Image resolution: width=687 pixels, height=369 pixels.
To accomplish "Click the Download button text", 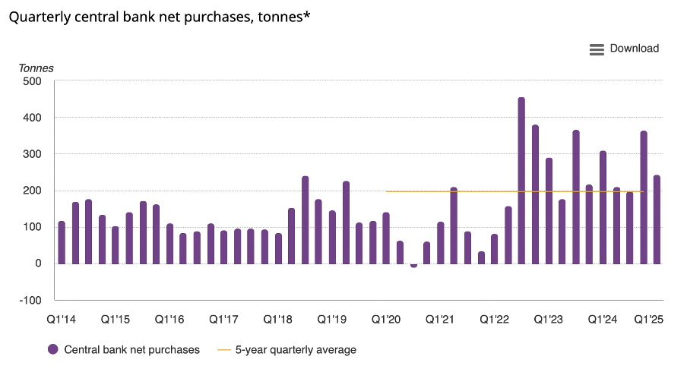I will pyautogui.click(x=634, y=49).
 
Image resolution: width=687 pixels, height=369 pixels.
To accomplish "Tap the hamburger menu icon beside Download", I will pyautogui.click(x=597, y=49).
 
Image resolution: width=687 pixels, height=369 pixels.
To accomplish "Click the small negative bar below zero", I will pyautogui.click(x=413, y=266).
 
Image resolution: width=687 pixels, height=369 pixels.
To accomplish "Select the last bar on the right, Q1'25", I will pyautogui.click(x=657, y=219).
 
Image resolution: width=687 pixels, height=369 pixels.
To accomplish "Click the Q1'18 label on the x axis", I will pyautogui.click(x=279, y=320).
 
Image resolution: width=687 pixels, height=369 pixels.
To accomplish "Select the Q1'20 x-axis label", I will pyautogui.click(x=387, y=320).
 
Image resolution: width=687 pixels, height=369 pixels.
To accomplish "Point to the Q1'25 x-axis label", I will pyautogui.click(x=649, y=320).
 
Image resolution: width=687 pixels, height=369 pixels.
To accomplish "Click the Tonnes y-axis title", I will pyautogui.click(x=36, y=68).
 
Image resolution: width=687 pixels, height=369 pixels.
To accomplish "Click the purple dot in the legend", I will pyautogui.click(x=53, y=350).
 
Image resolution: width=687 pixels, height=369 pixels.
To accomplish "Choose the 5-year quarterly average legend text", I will pyautogui.click(x=296, y=350).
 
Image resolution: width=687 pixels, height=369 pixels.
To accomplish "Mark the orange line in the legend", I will pyautogui.click(x=223, y=350).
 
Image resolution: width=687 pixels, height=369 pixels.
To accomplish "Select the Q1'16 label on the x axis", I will pyautogui.click(x=170, y=320).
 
